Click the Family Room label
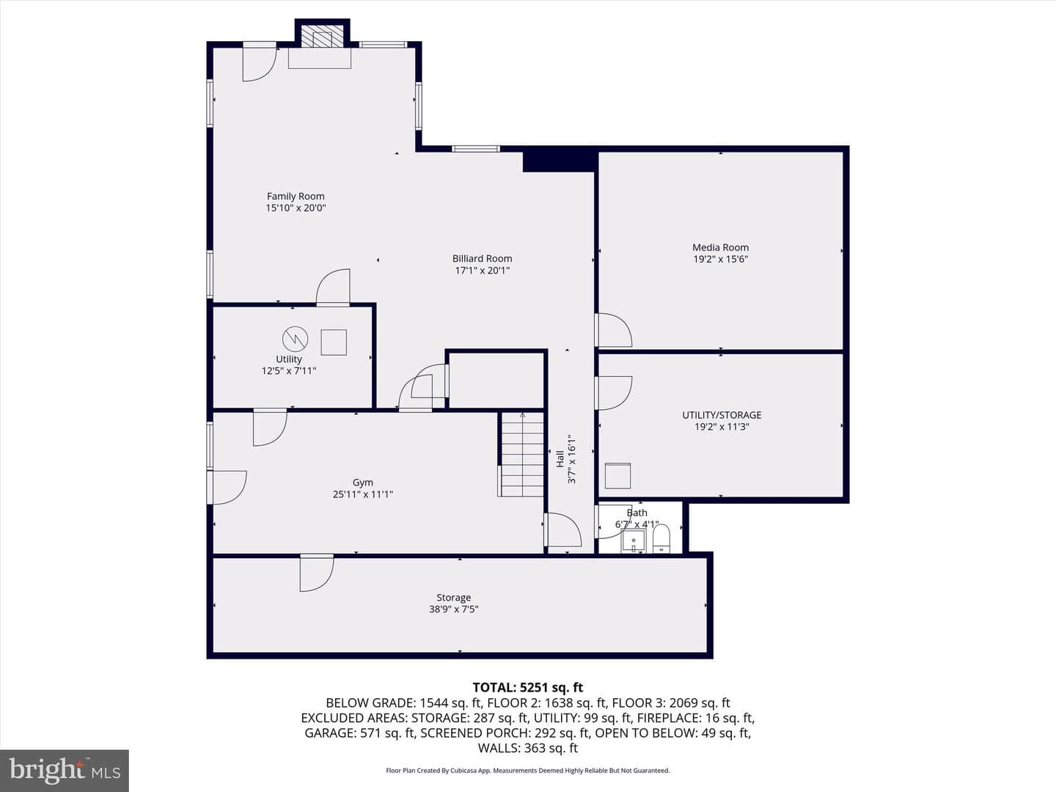(x=296, y=197)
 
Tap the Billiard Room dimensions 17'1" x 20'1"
(x=482, y=271)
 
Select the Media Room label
(x=720, y=247)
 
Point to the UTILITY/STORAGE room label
(x=722, y=414)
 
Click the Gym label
(x=363, y=483)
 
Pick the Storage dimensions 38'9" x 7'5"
(x=454, y=609)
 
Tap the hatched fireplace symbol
(x=323, y=36)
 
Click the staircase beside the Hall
(x=521, y=454)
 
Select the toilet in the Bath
(x=661, y=538)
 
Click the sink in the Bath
(x=634, y=541)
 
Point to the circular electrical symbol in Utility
(x=295, y=339)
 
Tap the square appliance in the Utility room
(x=334, y=342)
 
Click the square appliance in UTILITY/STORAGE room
(x=617, y=476)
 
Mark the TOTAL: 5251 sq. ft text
(x=528, y=687)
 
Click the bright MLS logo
(x=65, y=770)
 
